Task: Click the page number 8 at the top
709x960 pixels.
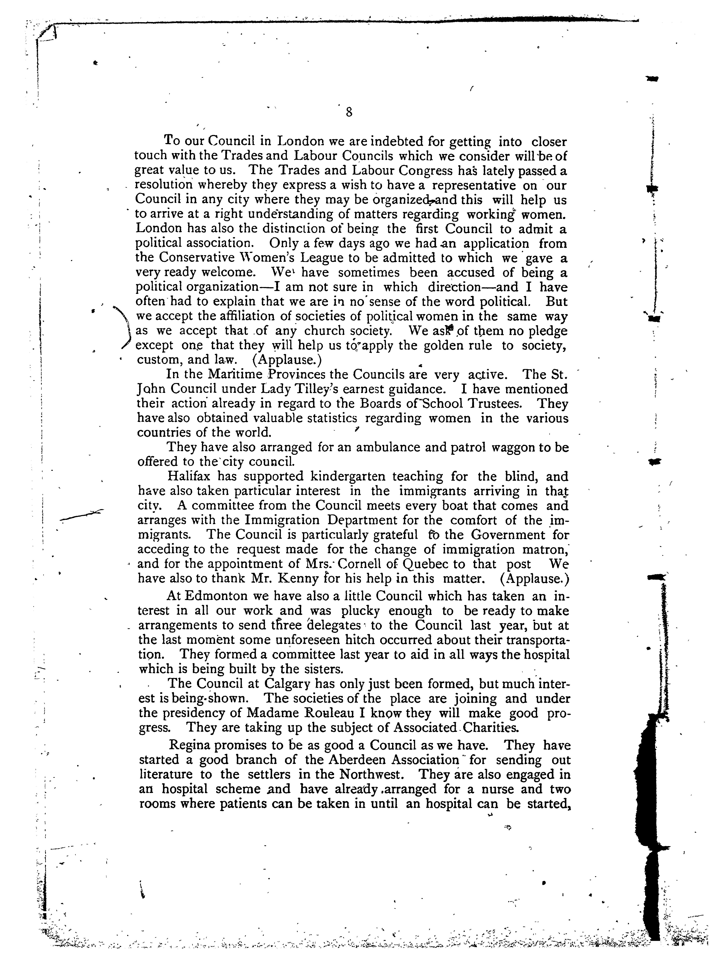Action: [x=348, y=112]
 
